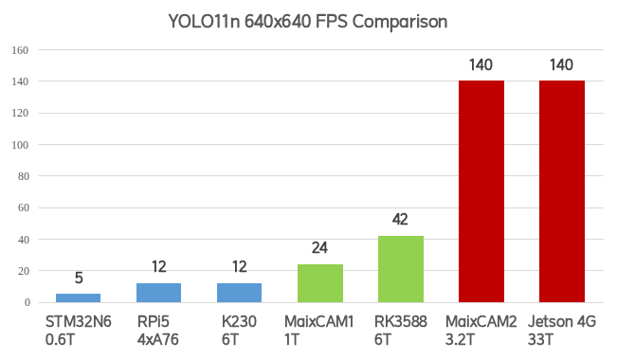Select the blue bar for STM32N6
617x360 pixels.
coord(78,297)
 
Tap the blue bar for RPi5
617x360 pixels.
coord(158,293)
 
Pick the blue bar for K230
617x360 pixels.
coord(239,293)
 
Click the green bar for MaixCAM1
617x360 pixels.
coord(319,283)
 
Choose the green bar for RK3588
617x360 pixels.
coord(400,269)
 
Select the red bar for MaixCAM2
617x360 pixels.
coord(481,191)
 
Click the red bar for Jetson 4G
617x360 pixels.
coord(561,191)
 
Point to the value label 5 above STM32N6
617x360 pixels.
coord(78,279)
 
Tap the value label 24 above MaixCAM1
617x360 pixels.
coord(319,249)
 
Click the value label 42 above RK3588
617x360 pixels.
coord(400,220)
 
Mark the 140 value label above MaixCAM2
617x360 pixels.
coord(481,65)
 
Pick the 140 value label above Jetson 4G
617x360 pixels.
coord(561,65)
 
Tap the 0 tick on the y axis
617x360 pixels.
coord(27,302)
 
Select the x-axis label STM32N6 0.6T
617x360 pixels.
coord(78,331)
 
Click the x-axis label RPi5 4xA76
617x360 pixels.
coord(158,331)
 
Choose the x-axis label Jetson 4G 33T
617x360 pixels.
coord(561,331)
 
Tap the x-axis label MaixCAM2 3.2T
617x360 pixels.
coord(481,331)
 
